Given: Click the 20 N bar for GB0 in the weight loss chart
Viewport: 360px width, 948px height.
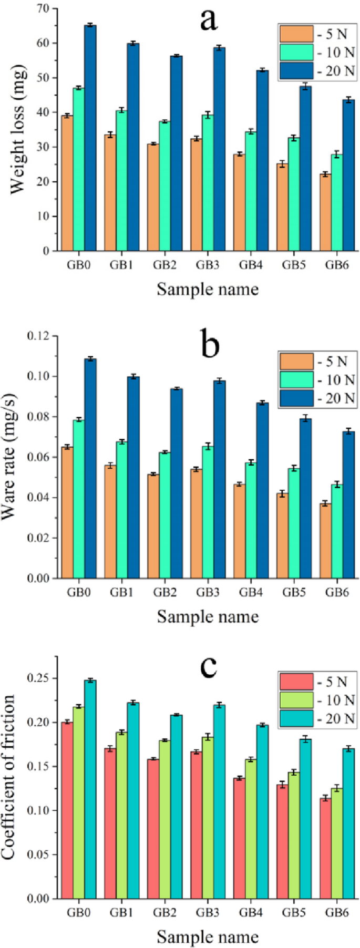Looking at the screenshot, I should tap(90, 138).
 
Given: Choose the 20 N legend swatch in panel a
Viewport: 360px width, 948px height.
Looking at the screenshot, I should tap(296, 70).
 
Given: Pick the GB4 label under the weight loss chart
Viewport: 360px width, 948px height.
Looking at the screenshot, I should tap(251, 265).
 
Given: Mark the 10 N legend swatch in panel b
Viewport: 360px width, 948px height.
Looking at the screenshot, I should tap(296, 379).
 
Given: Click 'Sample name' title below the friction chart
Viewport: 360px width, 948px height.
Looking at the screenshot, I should tap(208, 936).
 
